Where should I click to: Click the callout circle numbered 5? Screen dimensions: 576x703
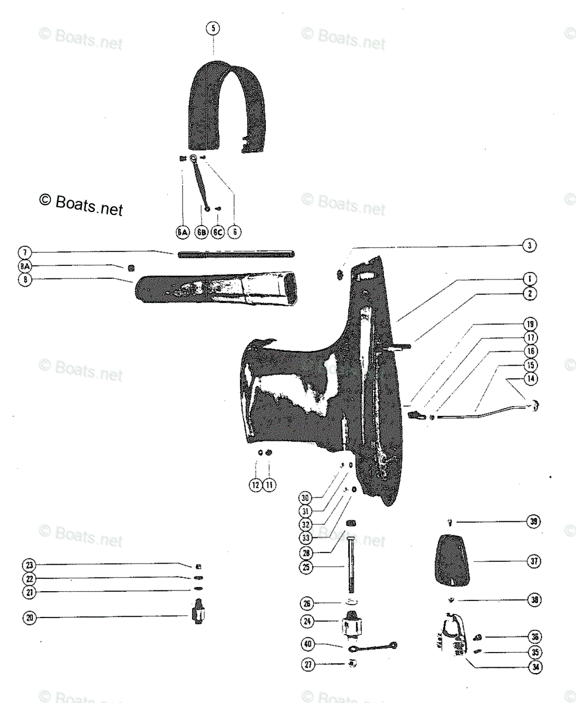coord(214,28)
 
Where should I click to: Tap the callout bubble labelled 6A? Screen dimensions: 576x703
coord(183,233)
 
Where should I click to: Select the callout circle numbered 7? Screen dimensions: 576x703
coord(24,253)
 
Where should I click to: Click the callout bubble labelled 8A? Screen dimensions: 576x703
coord(24,267)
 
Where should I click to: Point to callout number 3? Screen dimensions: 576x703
coord(529,246)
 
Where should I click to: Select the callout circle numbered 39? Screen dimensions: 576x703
coord(533,521)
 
